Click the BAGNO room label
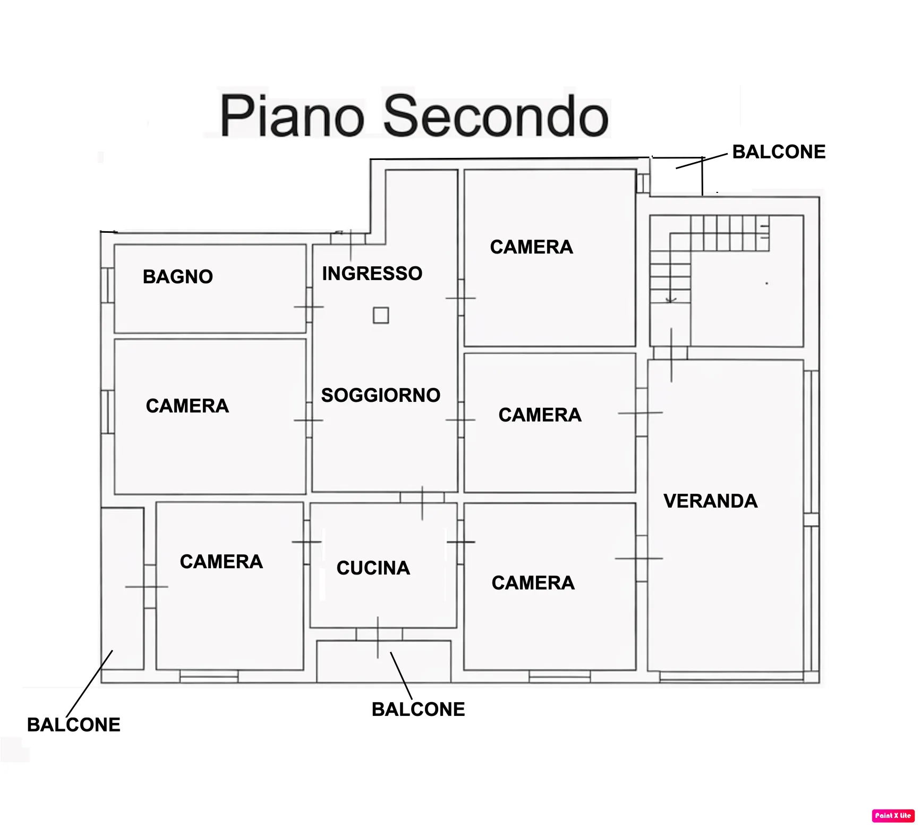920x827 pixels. (x=178, y=276)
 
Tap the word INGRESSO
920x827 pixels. (x=372, y=273)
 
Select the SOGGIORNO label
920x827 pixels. (x=381, y=395)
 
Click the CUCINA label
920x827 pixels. (x=373, y=568)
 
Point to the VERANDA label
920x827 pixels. (x=711, y=501)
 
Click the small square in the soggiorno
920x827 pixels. (x=381, y=315)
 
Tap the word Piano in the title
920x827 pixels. (x=292, y=115)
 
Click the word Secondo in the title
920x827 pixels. (x=496, y=115)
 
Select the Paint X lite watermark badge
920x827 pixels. (x=893, y=815)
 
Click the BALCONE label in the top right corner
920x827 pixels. (x=779, y=151)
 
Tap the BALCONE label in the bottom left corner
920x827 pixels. (x=74, y=724)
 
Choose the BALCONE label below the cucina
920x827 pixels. (x=419, y=709)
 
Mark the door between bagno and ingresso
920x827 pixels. (x=309, y=306)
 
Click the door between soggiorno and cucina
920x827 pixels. (x=422, y=499)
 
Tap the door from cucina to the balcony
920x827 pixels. (x=378, y=635)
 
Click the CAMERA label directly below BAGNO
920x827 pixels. (x=188, y=406)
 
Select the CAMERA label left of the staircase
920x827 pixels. (x=532, y=247)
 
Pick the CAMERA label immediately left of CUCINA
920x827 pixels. (x=222, y=561)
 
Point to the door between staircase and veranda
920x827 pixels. (x=671, y=353)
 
